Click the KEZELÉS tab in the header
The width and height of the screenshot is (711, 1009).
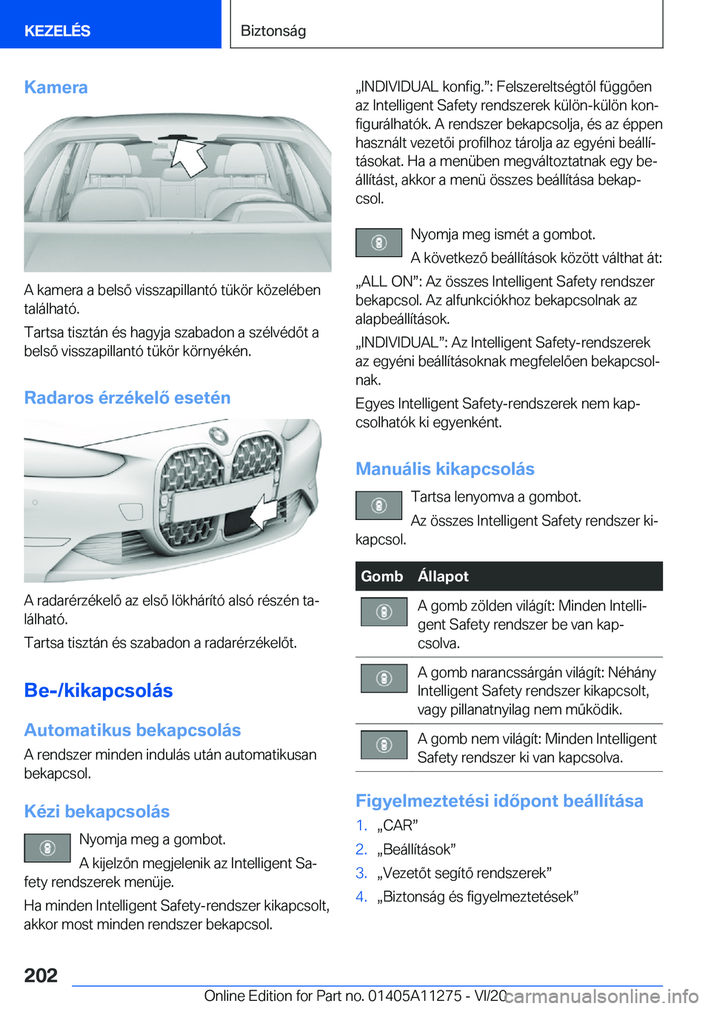(58, 30)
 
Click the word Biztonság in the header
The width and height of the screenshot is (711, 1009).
(273, 30)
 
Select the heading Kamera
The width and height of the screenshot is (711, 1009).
(56, 87)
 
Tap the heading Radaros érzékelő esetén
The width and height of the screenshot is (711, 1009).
(127, 398)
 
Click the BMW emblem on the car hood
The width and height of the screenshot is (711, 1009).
(218, 435)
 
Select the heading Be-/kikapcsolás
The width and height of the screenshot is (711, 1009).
(99, 690)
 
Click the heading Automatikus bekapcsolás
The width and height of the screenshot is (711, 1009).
(133, 730)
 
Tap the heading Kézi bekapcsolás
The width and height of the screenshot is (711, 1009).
(97, 812)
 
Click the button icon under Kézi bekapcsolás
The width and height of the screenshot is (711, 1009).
(47, 848)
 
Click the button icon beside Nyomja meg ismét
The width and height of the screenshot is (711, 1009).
(378, 243)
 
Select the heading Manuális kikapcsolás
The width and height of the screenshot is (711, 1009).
(445, 469)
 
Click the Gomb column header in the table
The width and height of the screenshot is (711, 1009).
(382, 576)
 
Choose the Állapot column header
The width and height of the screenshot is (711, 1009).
(443, 576)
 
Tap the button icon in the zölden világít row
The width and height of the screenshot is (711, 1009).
(384, 612)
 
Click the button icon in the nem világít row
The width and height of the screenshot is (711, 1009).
(384, 745)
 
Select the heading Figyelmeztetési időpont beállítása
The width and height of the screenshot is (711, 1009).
(499, 801)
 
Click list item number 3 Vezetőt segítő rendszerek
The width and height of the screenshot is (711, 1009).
(464, 873)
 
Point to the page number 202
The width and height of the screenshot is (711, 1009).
(41, 975)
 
